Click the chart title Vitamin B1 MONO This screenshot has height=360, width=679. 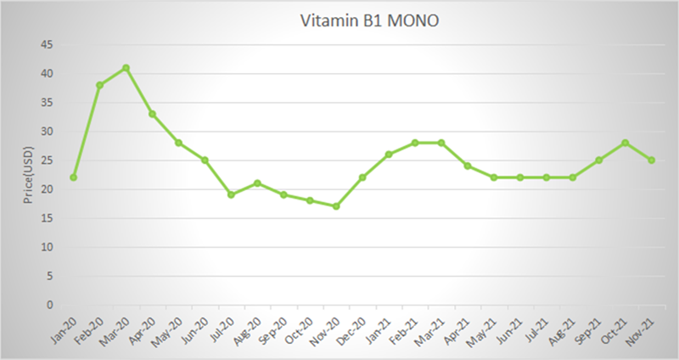(369, 20)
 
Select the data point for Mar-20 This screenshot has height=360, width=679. (126, 68)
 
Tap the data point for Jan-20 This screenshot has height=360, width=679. (73, 177)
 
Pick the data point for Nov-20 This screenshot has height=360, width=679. (336, 206)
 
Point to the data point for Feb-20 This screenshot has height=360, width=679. (99, 85)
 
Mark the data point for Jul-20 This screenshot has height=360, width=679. (231, 194)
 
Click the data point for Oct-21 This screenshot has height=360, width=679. (626, 143)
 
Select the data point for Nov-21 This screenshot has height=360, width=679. (652, 160)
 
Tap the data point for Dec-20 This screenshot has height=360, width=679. (362, 177)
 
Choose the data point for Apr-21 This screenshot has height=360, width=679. (468, 166)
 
